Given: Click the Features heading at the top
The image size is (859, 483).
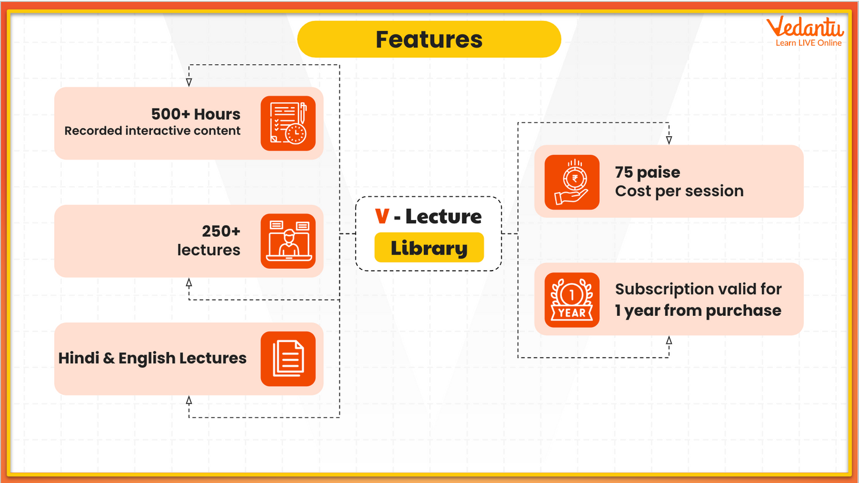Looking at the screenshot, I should pyautogui.click(x=429, y=39).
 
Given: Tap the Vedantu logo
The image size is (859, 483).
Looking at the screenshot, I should pyautogui.click(x=804, y=27).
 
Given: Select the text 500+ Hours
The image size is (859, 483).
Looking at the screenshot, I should pyautogui.click(x=196, y=114).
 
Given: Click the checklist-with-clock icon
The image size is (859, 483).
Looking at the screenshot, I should pyautogui.click(x=288, y=123).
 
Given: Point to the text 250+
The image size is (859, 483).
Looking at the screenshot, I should pyautogui.click(x=221, y=231).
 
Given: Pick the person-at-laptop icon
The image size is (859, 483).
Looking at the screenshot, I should pyautogui.click(x=288, y=241).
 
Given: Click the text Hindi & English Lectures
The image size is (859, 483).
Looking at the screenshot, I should pyautogui.click(x=152, y=358).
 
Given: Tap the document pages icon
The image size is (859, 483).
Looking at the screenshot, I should pyautogui.click(x=288, y=359).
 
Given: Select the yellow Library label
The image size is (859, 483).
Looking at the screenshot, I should pyautogui.click(x=429, y=248).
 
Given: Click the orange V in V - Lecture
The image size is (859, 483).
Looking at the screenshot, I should pyautogui.click(x=382, y=217).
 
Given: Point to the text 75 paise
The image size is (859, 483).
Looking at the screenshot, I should pyautogui.click(x=647, y=172).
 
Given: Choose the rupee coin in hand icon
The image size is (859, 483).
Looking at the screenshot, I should pyautogui.click(x=572, y=182).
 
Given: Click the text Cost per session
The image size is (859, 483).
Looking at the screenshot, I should pyautogui.click(x=679, y=191).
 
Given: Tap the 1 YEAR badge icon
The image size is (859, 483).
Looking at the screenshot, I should pyautogui.click(x=572, y=300).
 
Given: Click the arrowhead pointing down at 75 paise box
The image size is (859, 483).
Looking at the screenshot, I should pyautogui.click(x=669, y=140).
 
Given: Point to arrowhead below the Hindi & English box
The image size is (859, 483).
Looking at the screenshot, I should pyautogui.click(x=189, y=400).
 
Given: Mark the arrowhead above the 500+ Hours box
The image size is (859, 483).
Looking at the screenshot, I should pyautogui.click(x=189, y=82).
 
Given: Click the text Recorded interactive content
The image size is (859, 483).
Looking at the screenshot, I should pyautogui.click(x=152, y=131).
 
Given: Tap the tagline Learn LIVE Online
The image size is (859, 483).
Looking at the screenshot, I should pyautogui.click(x=808, y=43).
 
